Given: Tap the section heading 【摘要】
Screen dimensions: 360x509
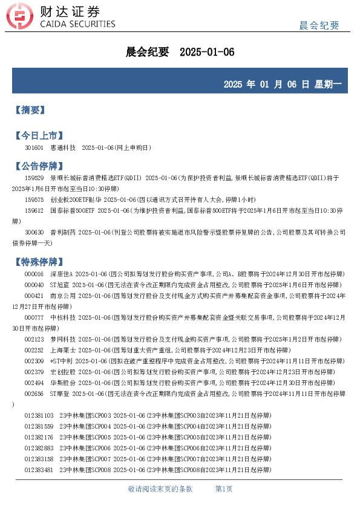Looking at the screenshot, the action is [x=30, y=111].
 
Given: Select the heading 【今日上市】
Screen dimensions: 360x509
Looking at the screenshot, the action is [x=39, y=135].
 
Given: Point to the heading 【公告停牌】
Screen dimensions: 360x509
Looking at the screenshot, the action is [x=39, y=166].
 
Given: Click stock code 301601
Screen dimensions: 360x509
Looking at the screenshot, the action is [x=34, y=148].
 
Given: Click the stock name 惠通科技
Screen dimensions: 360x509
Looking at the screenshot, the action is [x=63, y=148].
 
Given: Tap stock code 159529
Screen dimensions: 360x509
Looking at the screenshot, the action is [x=34, y=178].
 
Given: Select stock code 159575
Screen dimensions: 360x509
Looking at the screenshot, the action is [x=34, y=199].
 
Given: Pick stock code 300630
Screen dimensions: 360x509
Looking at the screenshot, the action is [x=34, y=232].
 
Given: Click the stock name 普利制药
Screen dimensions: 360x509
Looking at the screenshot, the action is [x=63, y=232].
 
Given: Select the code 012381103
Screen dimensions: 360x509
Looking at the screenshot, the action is [x=39, y=416].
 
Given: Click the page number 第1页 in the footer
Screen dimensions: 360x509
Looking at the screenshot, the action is [x=224, y=488].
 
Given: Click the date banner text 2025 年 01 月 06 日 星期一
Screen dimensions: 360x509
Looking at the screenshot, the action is [x=282, y=85].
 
